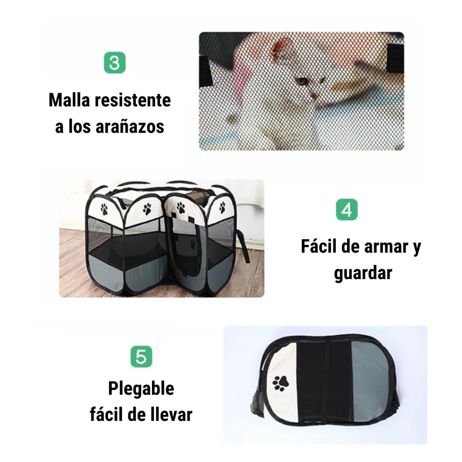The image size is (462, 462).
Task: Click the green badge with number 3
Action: tap(115, 63)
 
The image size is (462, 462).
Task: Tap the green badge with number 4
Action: tap(347, 209)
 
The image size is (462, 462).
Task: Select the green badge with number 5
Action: tap(141, 357)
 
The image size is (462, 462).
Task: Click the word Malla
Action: tap(69, 100)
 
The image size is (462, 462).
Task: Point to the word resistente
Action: tap(133, 100)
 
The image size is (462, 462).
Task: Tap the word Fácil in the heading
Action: tap(319, 246)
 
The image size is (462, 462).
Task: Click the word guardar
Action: tap(363, 274)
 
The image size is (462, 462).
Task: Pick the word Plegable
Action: tap(141, 389)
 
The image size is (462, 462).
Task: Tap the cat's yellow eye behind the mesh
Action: tap(301, 80)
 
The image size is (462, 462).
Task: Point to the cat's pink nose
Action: tap(315, 96)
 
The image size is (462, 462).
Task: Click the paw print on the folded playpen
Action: tap(280, 383)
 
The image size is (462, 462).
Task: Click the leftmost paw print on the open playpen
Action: tap(104, 209)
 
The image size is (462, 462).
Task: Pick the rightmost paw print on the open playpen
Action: tap(223, 208)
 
